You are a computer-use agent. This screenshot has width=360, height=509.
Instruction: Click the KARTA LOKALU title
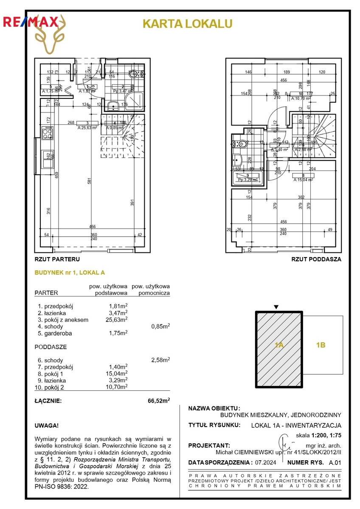(x=187, y=24)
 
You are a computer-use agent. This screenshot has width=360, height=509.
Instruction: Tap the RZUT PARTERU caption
(x=57, y=258)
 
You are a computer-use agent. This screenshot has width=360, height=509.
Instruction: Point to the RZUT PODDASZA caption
(x=316, y=258)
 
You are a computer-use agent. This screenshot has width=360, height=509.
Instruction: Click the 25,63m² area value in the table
(x=117, y=320)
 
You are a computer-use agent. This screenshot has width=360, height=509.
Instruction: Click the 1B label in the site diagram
(x=321, y=345)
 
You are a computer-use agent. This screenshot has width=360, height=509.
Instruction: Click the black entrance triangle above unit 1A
(x=276, y=307)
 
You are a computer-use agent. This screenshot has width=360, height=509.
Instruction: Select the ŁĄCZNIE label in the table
(x=48, y=400)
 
